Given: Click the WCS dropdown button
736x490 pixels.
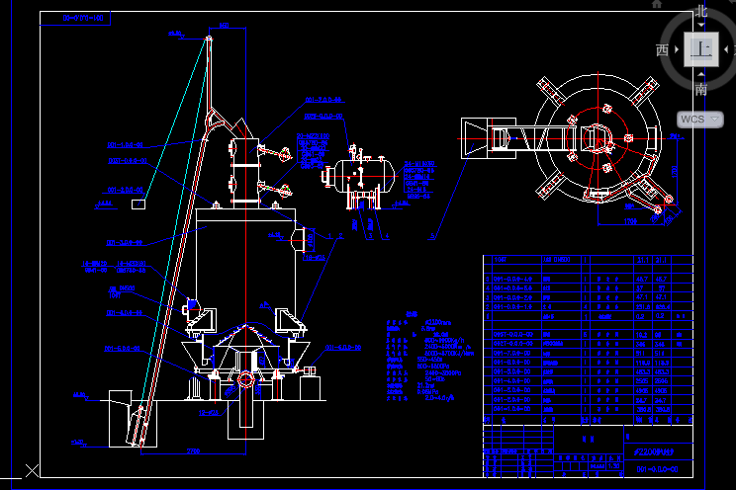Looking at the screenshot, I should [x=704, y=119].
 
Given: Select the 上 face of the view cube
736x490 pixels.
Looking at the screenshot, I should [x=702, y=49].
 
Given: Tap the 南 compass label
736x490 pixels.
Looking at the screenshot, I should [x=701, y=89].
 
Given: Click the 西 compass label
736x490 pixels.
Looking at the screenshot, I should [x=662, y=49].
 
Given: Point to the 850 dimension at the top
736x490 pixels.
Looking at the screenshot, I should [x=176, y=35].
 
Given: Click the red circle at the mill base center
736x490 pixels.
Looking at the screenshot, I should [x=244, y=377].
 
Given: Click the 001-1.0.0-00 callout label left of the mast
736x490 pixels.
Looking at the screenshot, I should [x=127, y=145].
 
